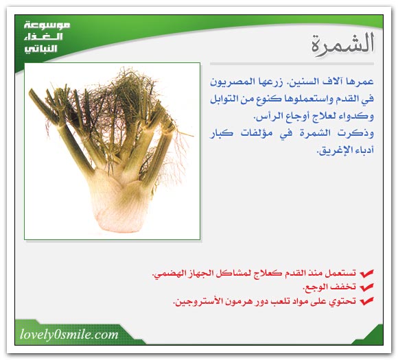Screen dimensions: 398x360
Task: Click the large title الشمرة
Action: [343, 43]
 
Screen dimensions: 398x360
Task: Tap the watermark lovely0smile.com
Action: [69, 335]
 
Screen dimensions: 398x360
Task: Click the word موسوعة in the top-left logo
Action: [47, 25]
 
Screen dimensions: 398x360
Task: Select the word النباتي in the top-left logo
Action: [40, 49]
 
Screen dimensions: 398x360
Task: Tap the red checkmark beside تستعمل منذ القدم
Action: [366, 274]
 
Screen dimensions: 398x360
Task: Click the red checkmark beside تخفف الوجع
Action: [366, 287]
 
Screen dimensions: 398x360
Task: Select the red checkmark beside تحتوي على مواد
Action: [366, 301]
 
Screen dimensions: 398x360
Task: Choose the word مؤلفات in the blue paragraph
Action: [256, 133]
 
